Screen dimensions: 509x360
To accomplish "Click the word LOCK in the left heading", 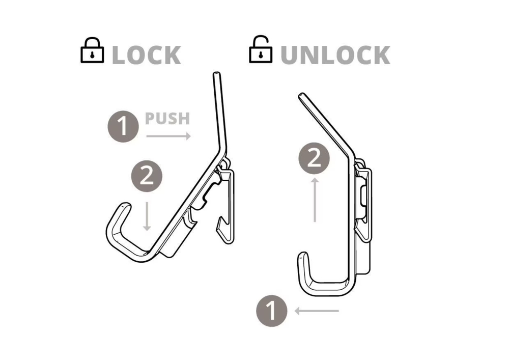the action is point(147,56).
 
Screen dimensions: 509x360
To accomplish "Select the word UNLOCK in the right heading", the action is point(335,56).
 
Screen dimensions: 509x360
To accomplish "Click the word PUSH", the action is point(167,119).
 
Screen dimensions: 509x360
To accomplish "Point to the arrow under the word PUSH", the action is point(168,136).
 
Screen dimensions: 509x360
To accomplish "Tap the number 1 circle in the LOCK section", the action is point(123,127).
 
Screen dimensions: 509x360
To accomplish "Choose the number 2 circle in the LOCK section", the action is point(147,176).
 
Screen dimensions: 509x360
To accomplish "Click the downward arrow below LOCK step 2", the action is point(147,216).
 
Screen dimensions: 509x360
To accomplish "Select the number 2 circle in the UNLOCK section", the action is point(314,158).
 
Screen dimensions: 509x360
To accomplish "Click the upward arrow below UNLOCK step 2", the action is point(315,200).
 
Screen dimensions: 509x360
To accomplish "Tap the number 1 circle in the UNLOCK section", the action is point(272,311).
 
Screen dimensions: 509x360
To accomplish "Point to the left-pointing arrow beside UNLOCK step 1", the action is point(317,311).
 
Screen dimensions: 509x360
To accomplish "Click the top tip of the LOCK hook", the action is point(216,74).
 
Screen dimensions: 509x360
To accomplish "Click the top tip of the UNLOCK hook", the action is point(301,96).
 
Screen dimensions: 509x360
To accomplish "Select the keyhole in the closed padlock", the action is point(92,54).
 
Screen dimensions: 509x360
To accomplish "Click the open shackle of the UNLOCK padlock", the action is point(261,41).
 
